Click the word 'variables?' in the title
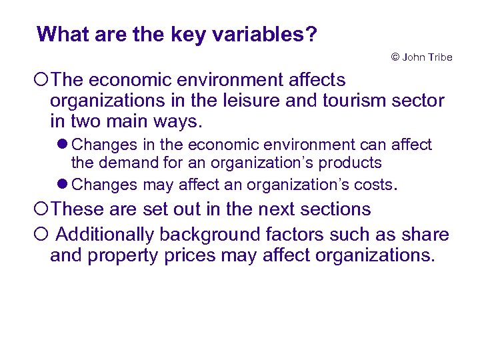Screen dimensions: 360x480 pos(265,34)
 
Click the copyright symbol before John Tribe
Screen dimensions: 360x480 pos(395,57)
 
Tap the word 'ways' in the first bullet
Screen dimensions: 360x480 pos(180,123)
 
